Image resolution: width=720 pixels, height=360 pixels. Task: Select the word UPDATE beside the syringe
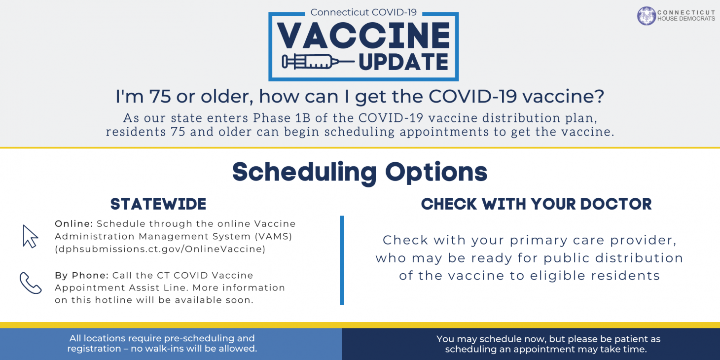403,62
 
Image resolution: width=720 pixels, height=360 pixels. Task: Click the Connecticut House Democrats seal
646,15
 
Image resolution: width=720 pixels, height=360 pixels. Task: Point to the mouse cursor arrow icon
30,236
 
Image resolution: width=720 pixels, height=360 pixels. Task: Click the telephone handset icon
30,283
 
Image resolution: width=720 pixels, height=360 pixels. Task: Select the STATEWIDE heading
158,204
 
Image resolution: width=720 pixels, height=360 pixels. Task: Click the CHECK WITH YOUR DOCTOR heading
536,204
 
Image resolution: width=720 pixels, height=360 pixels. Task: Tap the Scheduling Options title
360,172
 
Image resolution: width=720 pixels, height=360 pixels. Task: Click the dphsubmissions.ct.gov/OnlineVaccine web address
160,249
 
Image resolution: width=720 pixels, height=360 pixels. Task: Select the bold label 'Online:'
74,224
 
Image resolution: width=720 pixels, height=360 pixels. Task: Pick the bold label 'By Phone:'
82,275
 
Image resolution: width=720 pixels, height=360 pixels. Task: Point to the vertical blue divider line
342,260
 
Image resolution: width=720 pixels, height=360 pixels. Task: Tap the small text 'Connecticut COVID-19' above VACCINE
363,12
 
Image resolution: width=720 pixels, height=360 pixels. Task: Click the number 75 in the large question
160,96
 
